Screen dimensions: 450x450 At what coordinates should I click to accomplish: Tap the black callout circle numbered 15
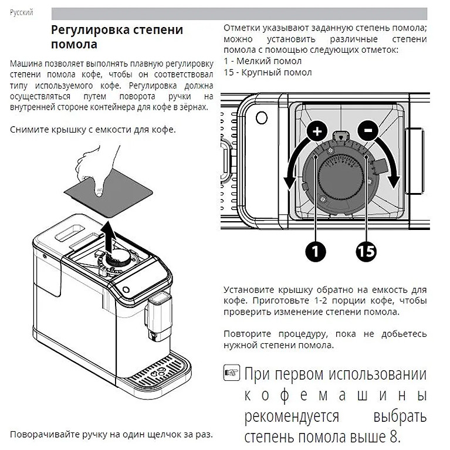point(366,251)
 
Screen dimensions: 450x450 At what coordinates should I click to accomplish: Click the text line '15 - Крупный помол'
point(268,73)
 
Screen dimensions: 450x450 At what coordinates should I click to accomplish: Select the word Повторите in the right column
point(247,334)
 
